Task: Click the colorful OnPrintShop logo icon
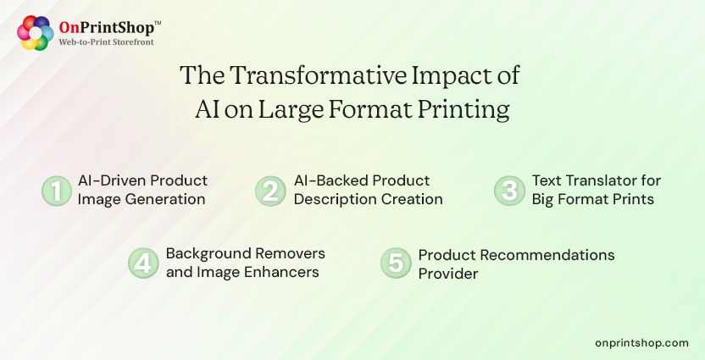click(x=35, y=32)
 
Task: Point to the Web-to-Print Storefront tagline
click(x=106, y=42)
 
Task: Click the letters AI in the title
click(x=207, y=110)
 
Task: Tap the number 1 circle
click(x=57, y=191)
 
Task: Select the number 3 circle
click(x=509, y=191)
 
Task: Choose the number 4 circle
click(x=143, y=263)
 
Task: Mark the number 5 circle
click(x=396, y=263)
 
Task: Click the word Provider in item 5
click(x=448, y=274)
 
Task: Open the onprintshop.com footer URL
click(x=641, y=342)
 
